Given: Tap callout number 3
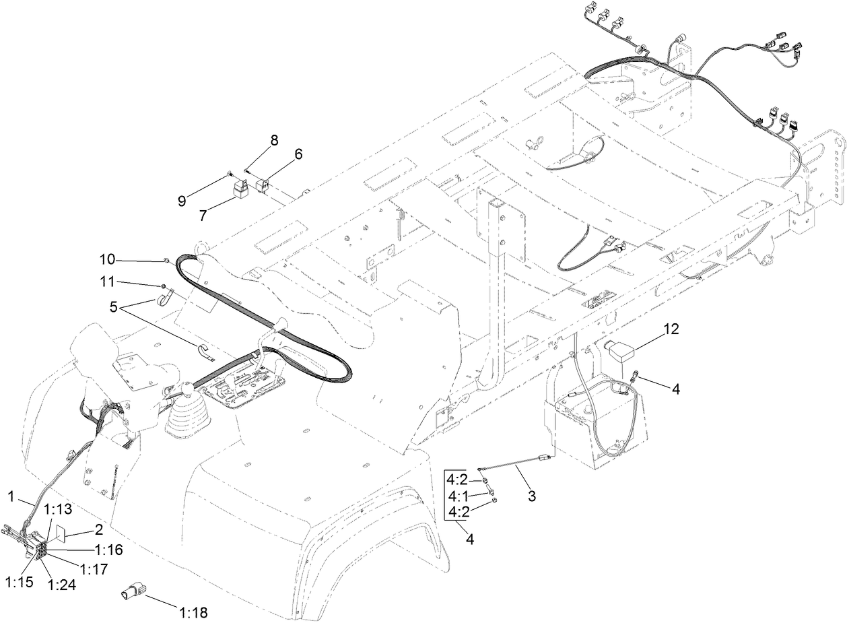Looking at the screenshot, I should pos(532,497).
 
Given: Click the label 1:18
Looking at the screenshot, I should pos(193,613).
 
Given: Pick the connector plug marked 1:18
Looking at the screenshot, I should pos(132,593).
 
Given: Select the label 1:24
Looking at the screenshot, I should pos(63,585).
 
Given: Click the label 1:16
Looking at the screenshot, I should pos(108,550).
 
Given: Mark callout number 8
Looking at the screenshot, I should pos(274,140).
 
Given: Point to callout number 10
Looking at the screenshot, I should pos(108,259).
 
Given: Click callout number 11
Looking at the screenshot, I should pos(108,282).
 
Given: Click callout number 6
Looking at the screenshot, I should pos(297,154).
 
